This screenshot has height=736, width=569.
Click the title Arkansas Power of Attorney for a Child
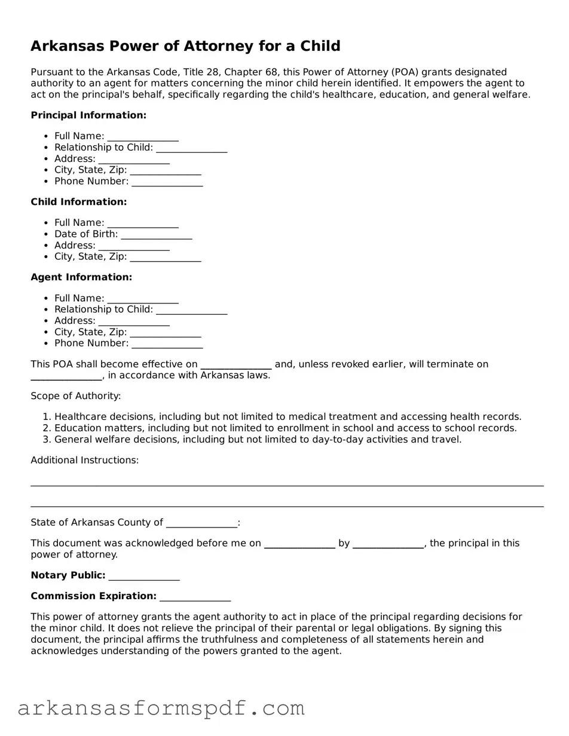[185, 46]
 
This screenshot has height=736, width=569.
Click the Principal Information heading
[88, 115]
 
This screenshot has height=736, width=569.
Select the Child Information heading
[79, 202]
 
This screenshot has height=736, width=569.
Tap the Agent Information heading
[81, 277]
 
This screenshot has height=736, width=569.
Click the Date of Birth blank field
[156, 235]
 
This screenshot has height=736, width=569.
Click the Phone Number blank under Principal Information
[167, 182]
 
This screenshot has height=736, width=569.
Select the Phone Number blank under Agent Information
[167, 344]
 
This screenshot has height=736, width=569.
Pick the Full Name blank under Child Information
[143, 223]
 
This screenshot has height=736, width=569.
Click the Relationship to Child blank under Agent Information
[191, 310]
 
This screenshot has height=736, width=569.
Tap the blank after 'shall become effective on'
[236, 365]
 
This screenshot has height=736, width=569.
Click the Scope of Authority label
[76, 396]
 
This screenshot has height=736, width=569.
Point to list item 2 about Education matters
[285, 428]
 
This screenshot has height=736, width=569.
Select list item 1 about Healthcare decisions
[287, 417]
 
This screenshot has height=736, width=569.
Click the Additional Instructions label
[85, 460]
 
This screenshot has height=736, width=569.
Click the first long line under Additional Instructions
[287, 485]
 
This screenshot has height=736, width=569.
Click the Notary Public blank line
[144, 576]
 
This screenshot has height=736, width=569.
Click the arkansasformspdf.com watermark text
[161, 709]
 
